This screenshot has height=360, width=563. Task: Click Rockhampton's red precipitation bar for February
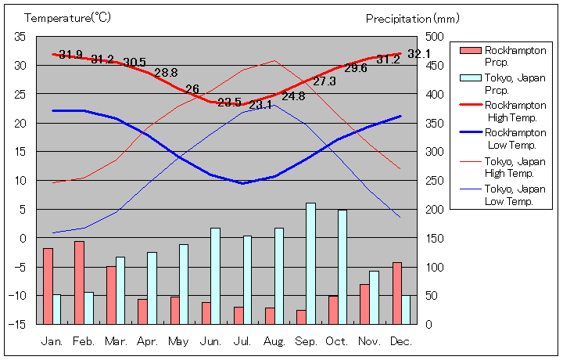(x=79, y=282)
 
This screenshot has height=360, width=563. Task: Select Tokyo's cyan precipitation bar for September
(x=310, y=263)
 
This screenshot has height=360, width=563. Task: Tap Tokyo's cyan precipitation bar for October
(x=342, y=266)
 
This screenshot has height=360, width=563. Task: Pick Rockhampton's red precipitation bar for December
(x=397, y=293)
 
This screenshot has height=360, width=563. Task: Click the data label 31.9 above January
(x=70, y=55)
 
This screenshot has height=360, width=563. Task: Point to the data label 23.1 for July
(x=260, y=104)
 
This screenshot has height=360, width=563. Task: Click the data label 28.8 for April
(x=166, y=73)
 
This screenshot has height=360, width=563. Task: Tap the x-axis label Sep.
(x=305, y=341)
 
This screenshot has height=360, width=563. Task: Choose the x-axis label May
(x=178, y=341)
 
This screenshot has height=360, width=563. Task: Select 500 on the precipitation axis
(x=434, y=37)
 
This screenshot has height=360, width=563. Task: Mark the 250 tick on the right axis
(x=434, y=181)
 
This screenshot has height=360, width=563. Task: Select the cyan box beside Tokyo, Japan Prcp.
(x=470, y=78)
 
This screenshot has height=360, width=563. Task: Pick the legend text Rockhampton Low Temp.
(x=516, y=139)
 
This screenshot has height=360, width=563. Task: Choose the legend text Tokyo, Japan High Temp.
(x=516, y=167)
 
